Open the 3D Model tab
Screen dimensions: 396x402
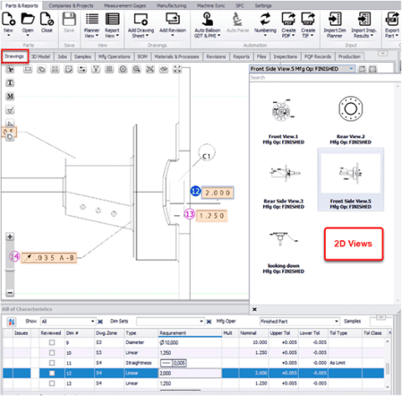coord(40,56)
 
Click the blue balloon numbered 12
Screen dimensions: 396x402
coord(195,192)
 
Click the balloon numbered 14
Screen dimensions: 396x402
coord(13,257)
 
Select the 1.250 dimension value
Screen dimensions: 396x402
coord(214,214)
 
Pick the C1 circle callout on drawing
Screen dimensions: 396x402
coord(207,156)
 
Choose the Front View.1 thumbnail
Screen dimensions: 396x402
coord(281,110)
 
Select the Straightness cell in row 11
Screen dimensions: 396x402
coord(138,363)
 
